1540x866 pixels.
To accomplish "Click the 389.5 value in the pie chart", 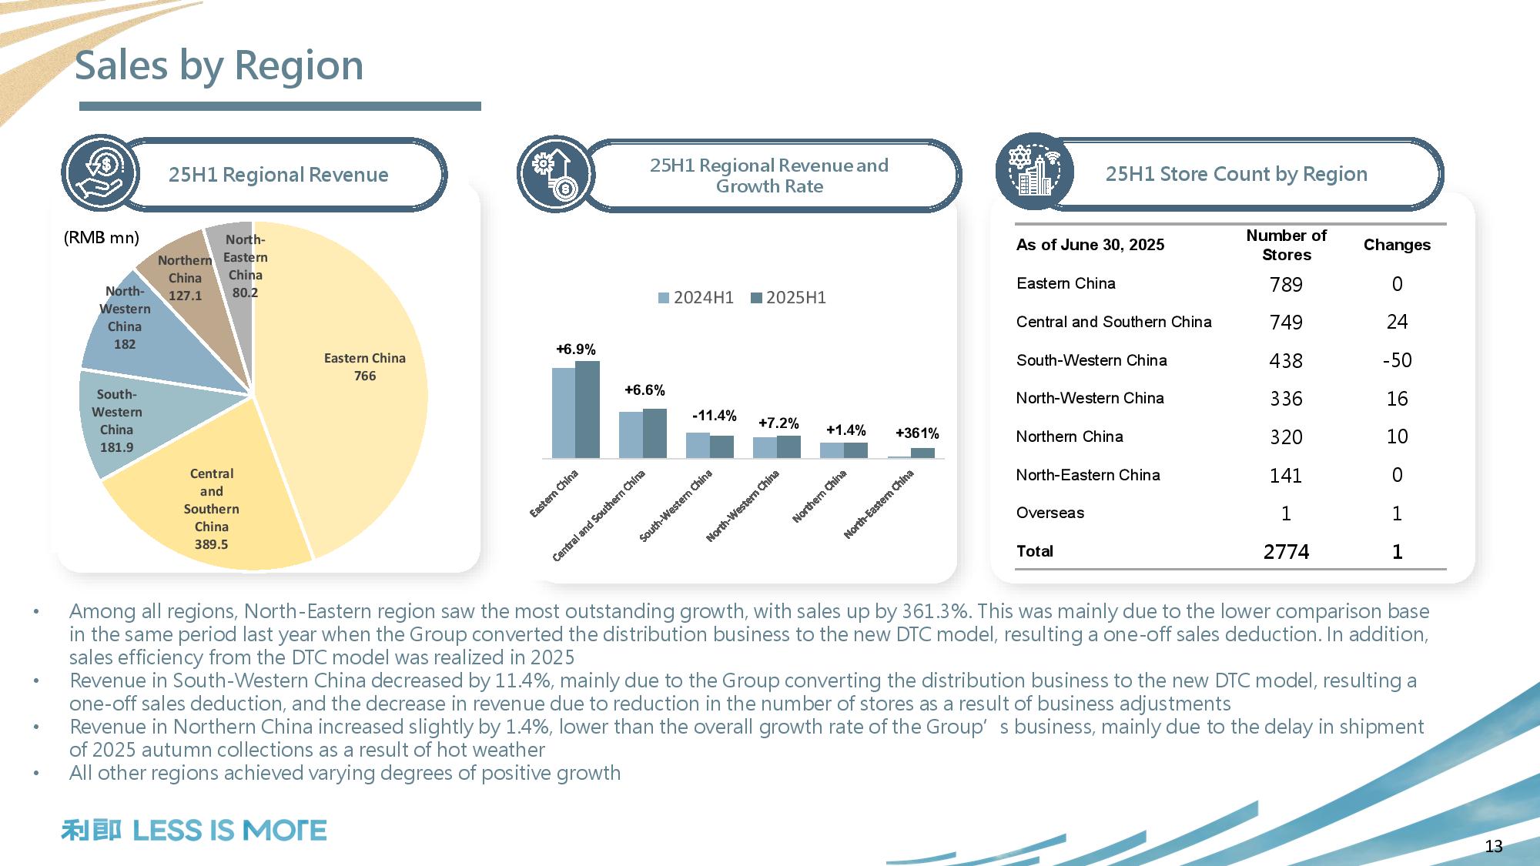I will [211, 544].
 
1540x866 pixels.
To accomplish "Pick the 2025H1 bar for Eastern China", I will [588, 410].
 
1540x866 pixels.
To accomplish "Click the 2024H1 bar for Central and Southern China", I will [631, 435].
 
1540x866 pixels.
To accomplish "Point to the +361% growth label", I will [917, 433].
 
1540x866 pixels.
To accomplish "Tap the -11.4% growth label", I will [714, 416].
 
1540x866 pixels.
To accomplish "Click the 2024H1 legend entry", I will [696, 298].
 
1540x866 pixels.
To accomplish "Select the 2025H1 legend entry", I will [788, 298].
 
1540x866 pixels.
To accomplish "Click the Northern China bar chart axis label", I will [820, 496].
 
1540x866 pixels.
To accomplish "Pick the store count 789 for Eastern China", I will [1286, 285].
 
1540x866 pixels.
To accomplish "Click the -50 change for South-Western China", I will [1397, 360].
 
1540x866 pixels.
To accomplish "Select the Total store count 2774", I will [1286, 552].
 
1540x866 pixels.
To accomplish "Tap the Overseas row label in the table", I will [1050, 513].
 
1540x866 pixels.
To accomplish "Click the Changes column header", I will [1397, 245].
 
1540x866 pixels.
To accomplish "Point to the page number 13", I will [1494, 847].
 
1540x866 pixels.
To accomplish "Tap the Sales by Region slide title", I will [219, 65].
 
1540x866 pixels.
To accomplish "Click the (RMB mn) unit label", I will [102, 238].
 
